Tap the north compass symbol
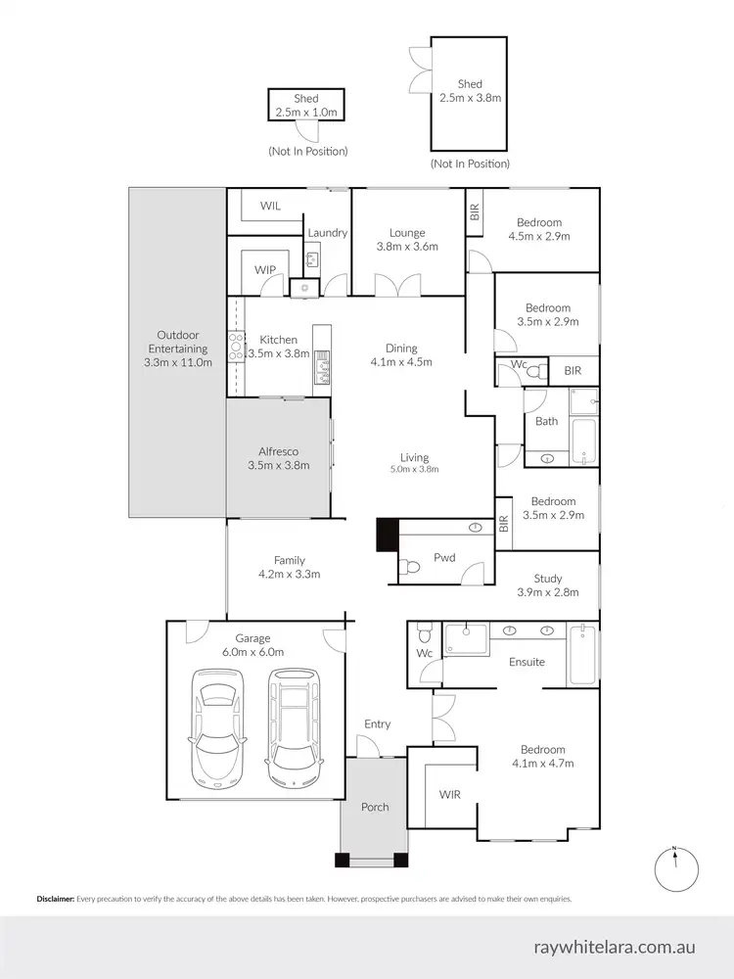[x=674, y=865]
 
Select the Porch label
[x=375, y=807]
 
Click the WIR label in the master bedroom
[x=450, y=794]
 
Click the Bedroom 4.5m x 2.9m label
[x=538, y=229]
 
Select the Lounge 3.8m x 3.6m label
[x=407, y=240]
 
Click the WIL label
[x=271, y=207]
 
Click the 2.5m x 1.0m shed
[x=307, y=106]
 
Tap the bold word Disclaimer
[x=55, y=898]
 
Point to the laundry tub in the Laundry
[x=312, y=259]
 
